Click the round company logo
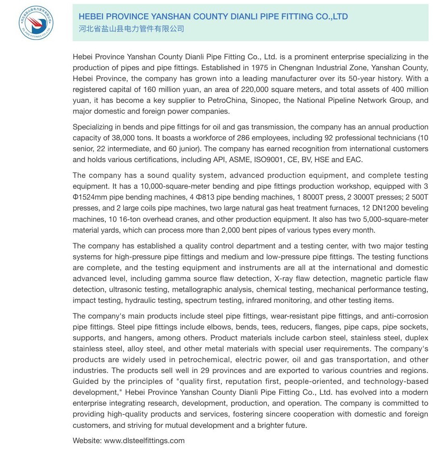(x=36, y=23)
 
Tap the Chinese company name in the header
(x=131, y=29)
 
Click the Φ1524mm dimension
(x=92, y=198)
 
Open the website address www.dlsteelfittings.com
(x=144, y=441)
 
